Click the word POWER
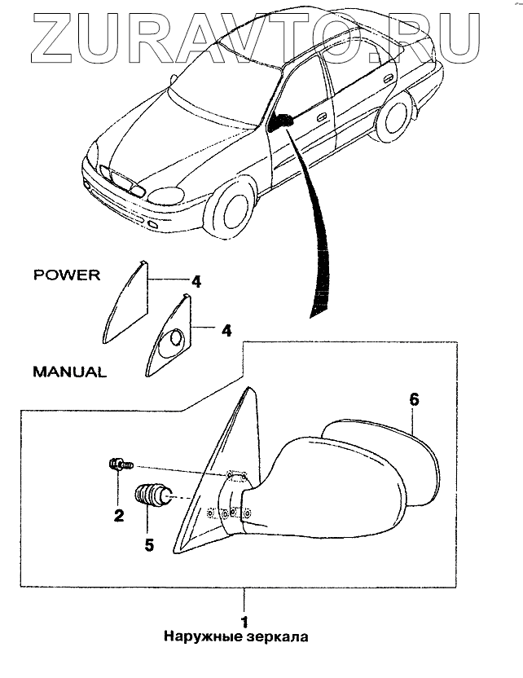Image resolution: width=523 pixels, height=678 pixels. click(x=67, y=275)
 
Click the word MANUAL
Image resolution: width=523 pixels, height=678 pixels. click(x=69, y=372)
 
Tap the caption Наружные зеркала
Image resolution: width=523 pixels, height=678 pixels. click(x=235, y=636)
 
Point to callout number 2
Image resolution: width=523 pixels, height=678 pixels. click(x=118, y=515)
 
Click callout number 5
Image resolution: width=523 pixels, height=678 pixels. click(x=149, y=544)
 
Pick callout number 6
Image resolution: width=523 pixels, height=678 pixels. click(x=414, y=399)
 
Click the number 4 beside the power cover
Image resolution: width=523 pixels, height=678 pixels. click(x=196, y=282)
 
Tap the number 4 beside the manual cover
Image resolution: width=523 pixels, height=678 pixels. click(x=227, y=332)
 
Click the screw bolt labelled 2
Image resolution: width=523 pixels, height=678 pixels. click(x=119, y=465)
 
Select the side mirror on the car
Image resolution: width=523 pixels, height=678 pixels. click(x=282, y=122)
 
